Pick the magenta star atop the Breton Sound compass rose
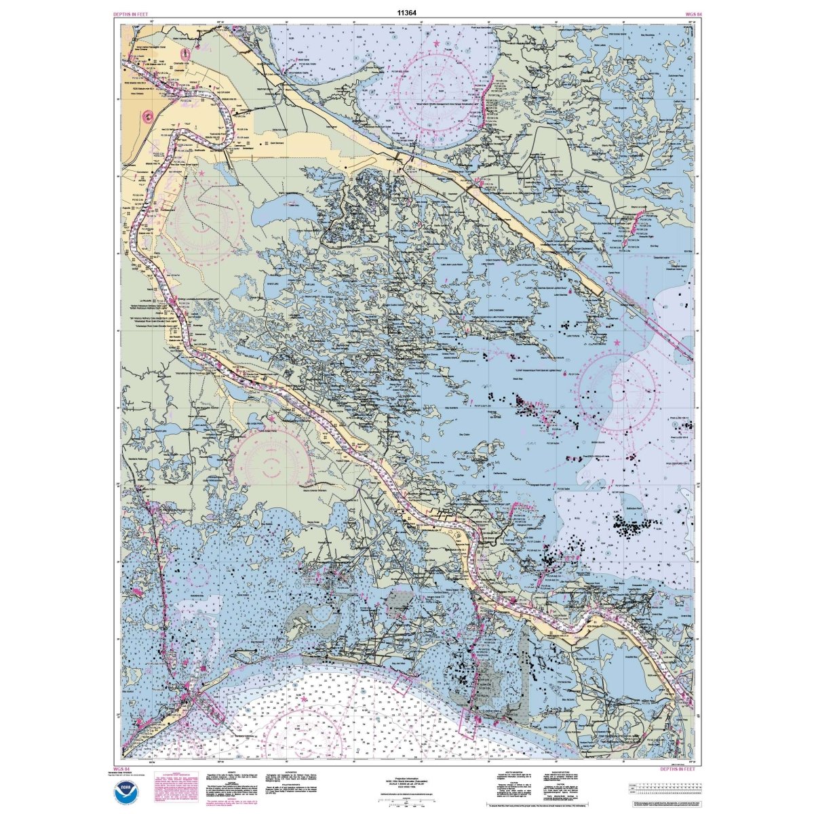(x=617, y=344)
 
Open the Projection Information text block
(x=407, y=784)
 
